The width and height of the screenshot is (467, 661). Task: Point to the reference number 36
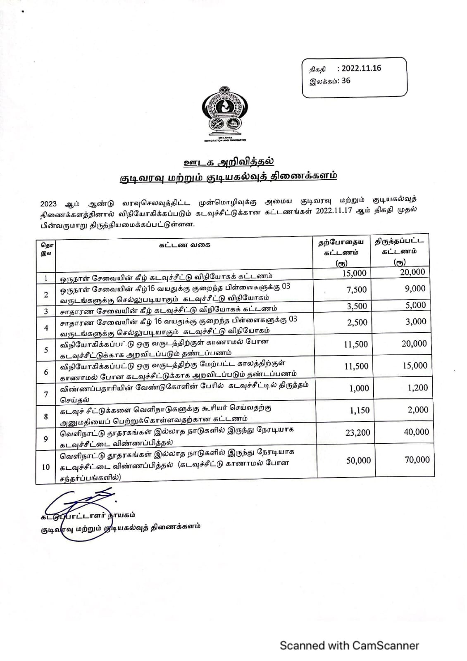(345, 81)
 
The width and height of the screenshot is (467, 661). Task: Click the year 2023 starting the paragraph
(48, 203)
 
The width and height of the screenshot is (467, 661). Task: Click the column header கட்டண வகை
(185, 244)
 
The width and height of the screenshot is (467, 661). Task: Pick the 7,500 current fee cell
(357, 290)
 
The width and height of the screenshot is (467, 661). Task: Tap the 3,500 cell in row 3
(357, 306)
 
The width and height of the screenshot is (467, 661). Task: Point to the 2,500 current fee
(357, 322)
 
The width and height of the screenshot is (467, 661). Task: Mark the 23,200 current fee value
(358, 433)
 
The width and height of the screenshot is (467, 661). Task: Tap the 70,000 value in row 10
(417, 460)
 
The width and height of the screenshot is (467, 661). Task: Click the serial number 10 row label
(45, 467)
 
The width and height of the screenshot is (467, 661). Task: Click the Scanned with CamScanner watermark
(349, 645)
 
